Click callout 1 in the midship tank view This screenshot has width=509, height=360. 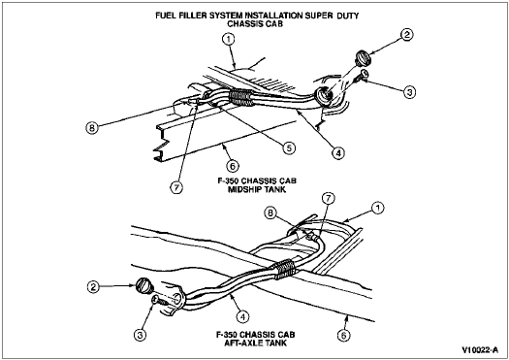228,40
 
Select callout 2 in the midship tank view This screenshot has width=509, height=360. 407,34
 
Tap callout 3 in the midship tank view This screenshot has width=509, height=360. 409,92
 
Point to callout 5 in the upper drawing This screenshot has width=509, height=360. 289,148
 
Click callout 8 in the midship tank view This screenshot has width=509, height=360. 92,128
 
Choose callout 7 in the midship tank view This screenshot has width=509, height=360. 176,188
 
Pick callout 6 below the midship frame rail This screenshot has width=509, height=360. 233,166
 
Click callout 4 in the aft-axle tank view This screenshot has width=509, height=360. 242,316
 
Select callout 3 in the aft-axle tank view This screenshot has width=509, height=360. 140,335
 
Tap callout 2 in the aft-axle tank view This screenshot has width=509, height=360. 93,286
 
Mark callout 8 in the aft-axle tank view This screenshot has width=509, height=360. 270,213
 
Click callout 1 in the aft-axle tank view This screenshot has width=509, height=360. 377,209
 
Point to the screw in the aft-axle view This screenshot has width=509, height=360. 159,301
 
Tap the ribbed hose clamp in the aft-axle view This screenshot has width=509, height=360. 284,269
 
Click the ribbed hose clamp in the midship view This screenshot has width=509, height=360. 240,97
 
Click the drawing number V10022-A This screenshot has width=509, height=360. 480,350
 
